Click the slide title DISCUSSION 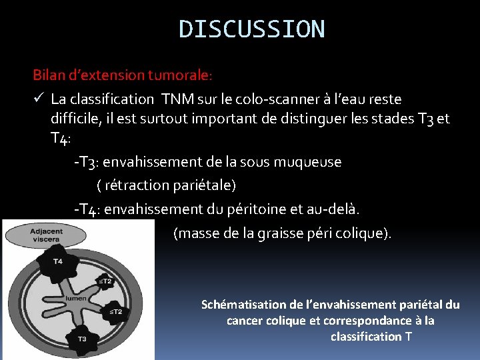(252, 29)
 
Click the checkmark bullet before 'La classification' (39, 99)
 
